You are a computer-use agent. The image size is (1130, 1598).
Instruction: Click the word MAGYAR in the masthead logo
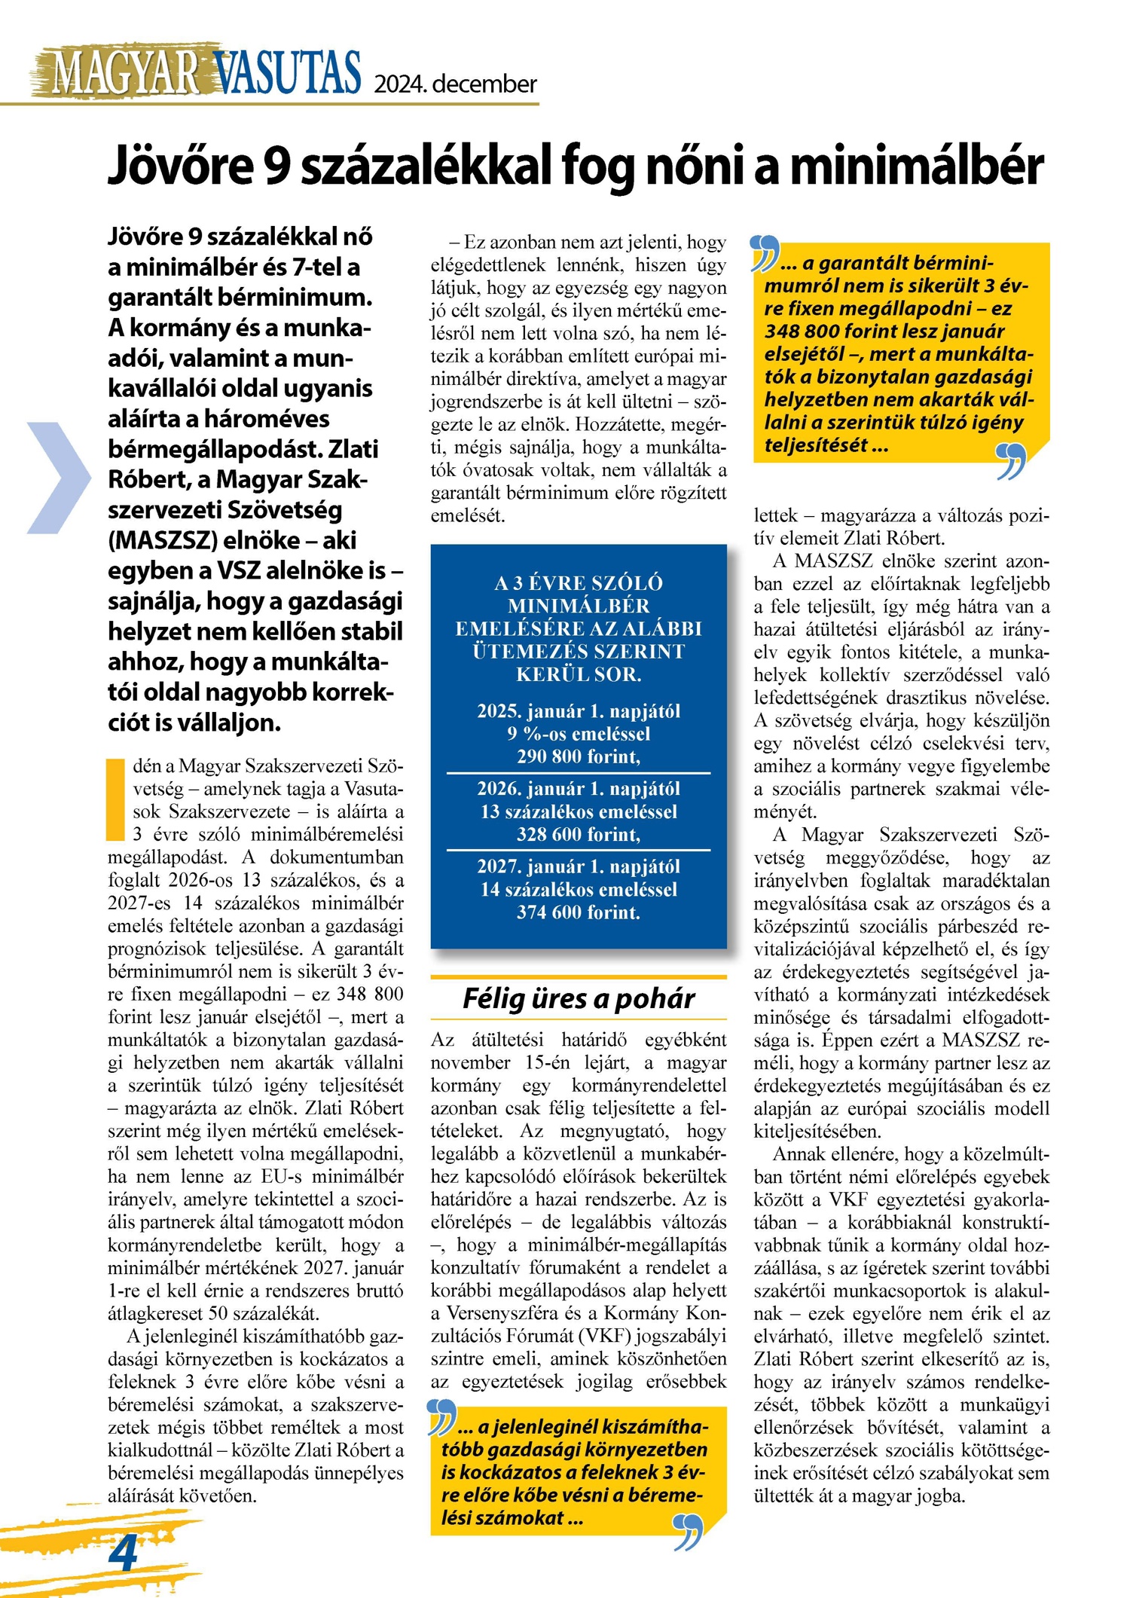pos(125,74)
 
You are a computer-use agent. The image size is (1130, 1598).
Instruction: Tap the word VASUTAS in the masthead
pos(288,74)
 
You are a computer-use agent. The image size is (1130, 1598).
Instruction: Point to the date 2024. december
pos(456,83)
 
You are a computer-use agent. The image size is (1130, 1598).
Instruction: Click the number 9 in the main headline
pos(276,166)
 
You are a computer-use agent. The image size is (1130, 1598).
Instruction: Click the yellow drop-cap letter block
pos(115,799)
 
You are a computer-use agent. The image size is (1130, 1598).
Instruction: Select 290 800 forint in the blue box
pos(578,756)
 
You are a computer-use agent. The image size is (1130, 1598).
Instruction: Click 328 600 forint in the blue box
pos(578,834)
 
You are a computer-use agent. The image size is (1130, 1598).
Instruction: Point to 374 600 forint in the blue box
pos(578,912)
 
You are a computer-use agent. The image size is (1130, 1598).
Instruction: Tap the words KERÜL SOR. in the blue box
pos(578,674)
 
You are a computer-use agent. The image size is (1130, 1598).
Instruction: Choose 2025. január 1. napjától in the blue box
pos(578,711)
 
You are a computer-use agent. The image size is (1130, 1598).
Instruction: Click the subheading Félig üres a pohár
pos(578,998)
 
